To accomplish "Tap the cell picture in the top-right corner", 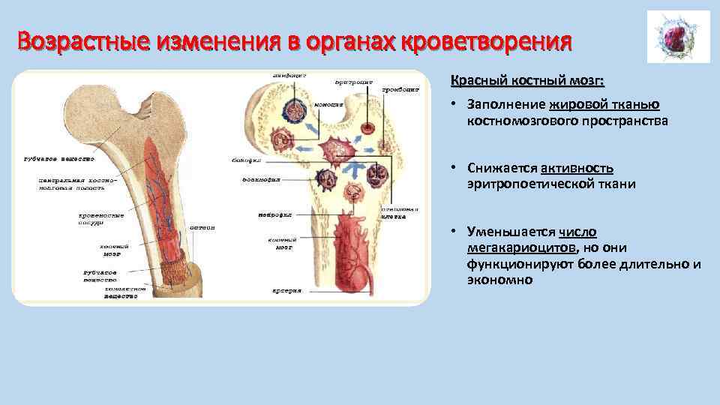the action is pyautogui.click(x=678, y=37).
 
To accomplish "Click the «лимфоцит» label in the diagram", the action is pyautogui.click(x=289, y=75).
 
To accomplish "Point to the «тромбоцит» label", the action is pyautogui.click(x=400, y=88).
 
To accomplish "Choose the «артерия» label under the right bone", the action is pyautogui.click(x=285, y=289).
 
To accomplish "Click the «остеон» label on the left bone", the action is pyautogui.click(x=202, y=227).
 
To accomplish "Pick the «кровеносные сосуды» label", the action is pyautogui.click(x=100, y=218).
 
